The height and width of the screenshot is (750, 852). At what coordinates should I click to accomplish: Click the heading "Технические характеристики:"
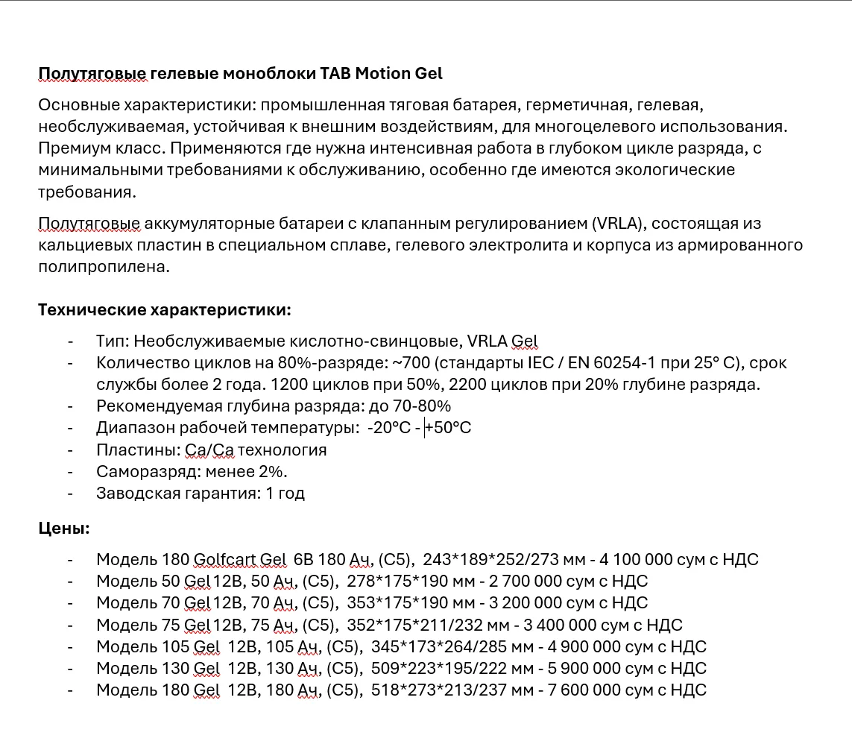pos(165,309)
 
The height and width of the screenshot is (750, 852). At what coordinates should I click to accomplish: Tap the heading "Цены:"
pos(64,529)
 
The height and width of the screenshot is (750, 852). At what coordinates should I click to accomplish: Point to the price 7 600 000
pos(572,690)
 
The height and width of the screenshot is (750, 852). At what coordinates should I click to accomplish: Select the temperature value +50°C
pos(448,428)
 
